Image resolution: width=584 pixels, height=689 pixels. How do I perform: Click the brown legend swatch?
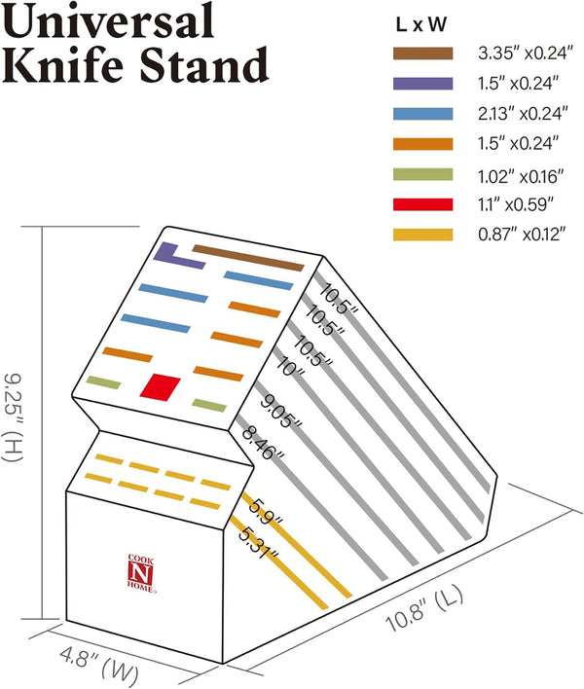422,54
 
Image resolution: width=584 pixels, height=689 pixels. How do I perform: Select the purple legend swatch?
422,84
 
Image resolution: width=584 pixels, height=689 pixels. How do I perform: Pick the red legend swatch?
422,204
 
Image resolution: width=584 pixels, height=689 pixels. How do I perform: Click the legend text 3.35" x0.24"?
526,54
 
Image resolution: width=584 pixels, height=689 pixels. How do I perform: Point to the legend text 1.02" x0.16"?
521,177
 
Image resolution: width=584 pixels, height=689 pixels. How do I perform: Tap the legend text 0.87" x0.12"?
522,234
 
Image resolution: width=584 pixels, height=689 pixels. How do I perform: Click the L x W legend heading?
421,24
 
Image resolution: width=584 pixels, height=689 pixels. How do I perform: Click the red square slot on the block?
161,387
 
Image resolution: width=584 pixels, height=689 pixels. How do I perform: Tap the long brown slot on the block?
248,258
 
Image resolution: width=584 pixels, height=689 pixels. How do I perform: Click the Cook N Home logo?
141,574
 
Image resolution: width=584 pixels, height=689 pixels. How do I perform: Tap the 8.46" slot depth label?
263,443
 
